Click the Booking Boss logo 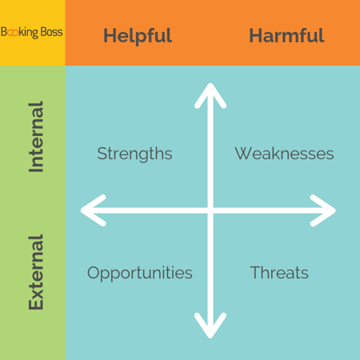[32, 32]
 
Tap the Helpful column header [138, 36]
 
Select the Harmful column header [286, 35]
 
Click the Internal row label [36, 137]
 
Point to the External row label [36, 272]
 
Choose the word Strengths [134, 154]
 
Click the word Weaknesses [284, 154]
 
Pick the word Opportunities [140, 274]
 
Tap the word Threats [279, 273]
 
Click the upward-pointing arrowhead [210, 94]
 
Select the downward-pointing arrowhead [210, 326]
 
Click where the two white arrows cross [210, 210]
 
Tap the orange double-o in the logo [14, 33]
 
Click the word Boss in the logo [52, 32]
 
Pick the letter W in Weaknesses [243, 154]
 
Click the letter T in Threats [256, 272]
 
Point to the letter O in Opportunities [94, 273]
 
